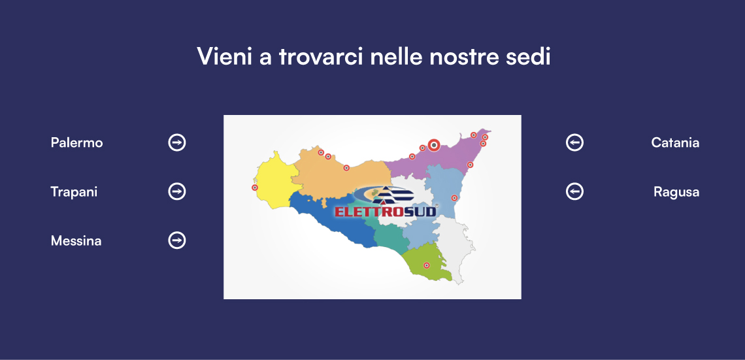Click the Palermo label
click(76, 142)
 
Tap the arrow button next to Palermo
click(176, 142)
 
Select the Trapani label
click(74, 192)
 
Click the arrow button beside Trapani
click(176, 191)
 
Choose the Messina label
click(76, 241)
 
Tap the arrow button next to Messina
click(176, 240)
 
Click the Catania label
click(675, 142)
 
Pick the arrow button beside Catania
click(574, 142)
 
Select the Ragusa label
click(676, 192)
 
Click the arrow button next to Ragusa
click(574, 191)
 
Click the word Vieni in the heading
click(223, 57)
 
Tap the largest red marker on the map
click(433, 145)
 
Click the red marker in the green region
click(427, 265)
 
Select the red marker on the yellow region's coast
click(255, 188)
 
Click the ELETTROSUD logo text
click(385, 211)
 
